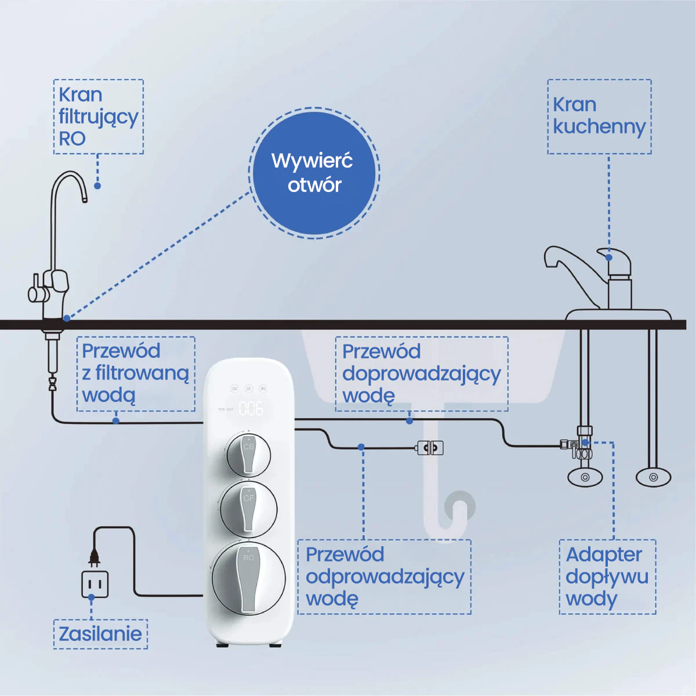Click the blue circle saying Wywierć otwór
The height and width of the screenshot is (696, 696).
[314, 173]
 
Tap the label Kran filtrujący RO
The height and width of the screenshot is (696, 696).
[98, 117]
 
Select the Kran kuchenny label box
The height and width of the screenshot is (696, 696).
[599, 117]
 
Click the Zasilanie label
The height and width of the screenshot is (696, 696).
[100, 633]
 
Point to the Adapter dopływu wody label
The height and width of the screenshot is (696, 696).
[607, 577]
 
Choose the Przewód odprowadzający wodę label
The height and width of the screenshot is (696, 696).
[384, 577]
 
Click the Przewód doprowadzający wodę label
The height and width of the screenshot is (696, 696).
[421, 374]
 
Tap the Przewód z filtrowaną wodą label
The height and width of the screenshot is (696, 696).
[136, 374]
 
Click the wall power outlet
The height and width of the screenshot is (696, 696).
[95, 584]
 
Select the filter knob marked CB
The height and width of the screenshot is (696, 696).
[248, 454]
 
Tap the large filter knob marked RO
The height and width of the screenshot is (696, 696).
[249, 578]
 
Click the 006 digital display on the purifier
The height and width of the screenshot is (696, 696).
[251, 409]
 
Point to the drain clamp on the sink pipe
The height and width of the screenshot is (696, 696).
[430, 448]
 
